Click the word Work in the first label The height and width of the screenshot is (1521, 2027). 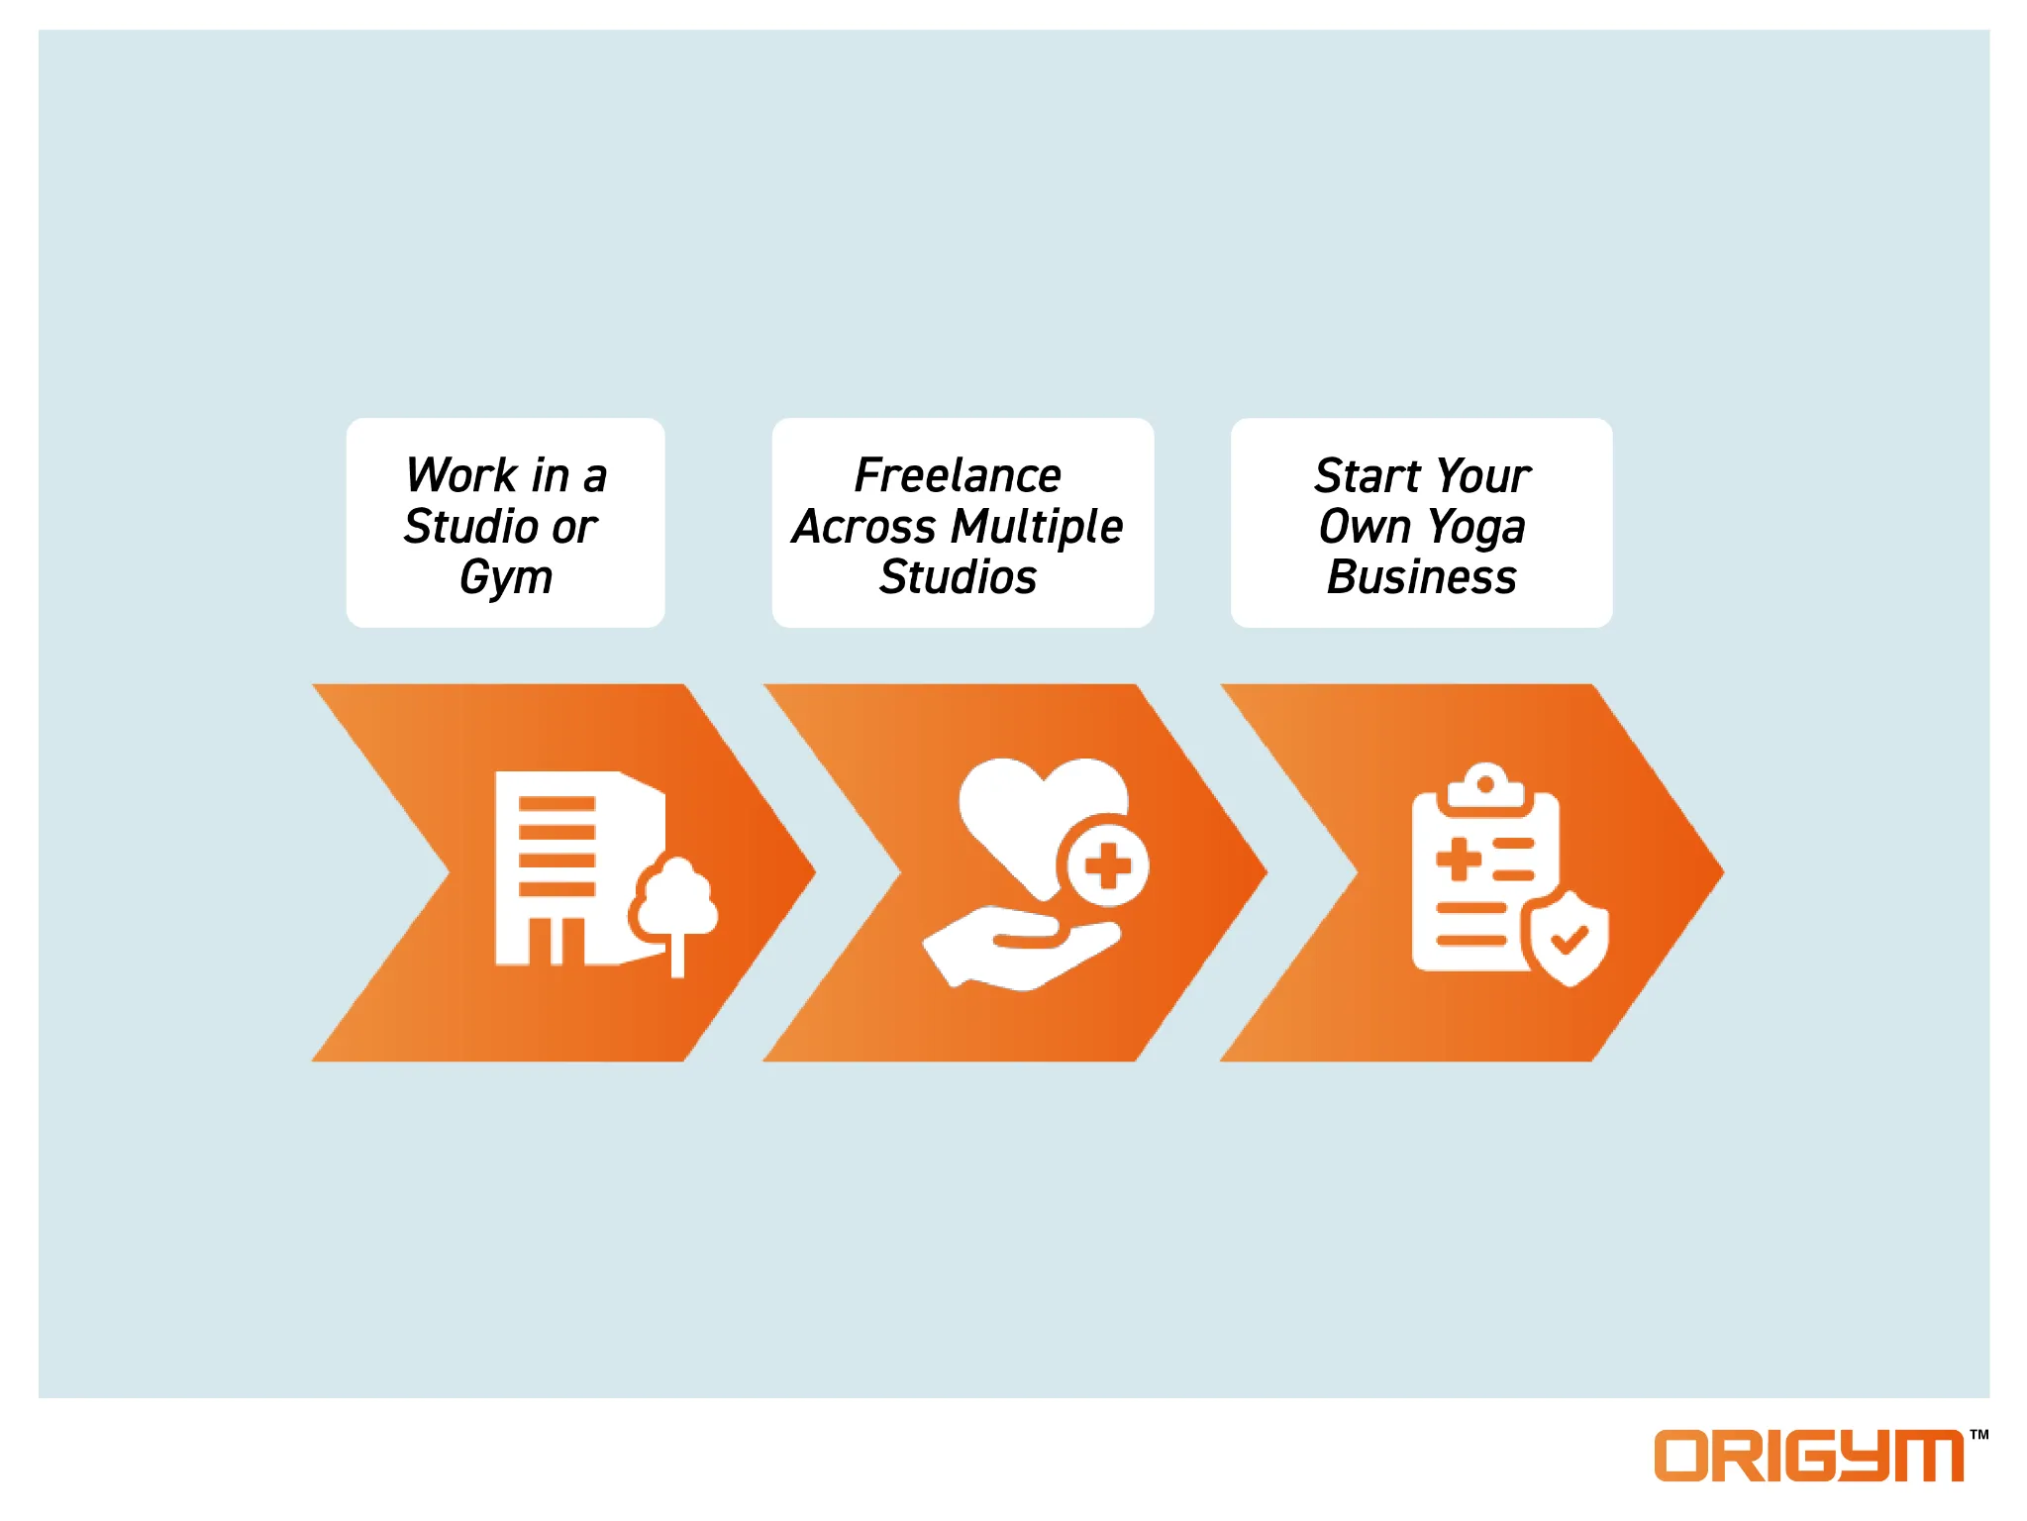[460, 475]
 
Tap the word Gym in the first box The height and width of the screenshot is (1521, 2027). [506, 578]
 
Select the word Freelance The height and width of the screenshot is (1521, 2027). [958, 475]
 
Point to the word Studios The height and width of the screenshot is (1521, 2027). [958, 577]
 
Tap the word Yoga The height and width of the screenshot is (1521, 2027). [1476, 528]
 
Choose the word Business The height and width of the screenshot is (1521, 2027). [1422, 577]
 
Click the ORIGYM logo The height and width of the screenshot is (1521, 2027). [1809, 1455]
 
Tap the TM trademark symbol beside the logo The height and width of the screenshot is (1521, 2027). [1978, 1434]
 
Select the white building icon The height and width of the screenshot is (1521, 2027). [579, 868]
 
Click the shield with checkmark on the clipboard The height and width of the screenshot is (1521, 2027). [1569, 939]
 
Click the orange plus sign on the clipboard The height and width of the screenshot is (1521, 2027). [1459, 859]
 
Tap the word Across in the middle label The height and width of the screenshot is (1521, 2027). [864, 527]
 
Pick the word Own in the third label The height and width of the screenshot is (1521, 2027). [1365, 527]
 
